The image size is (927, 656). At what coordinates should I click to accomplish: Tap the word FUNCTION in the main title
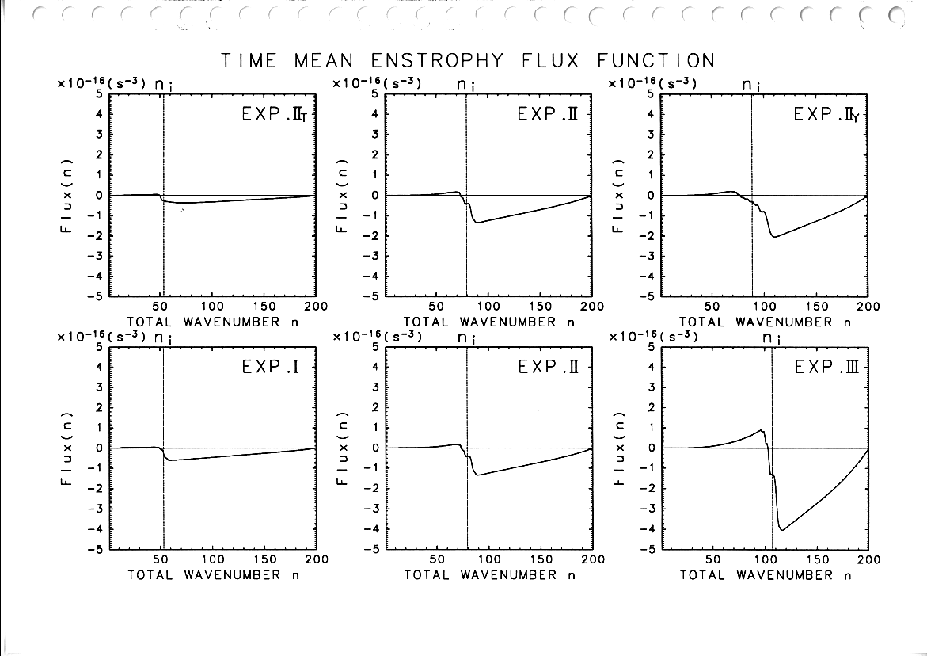(656, 61)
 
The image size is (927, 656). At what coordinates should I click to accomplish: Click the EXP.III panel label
(827, 368)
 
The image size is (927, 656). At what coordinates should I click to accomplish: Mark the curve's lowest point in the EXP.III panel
(782, 530)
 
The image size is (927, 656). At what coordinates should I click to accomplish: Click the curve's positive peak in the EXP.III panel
(762, 430)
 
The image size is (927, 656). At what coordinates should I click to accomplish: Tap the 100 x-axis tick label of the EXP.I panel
(213, 559)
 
